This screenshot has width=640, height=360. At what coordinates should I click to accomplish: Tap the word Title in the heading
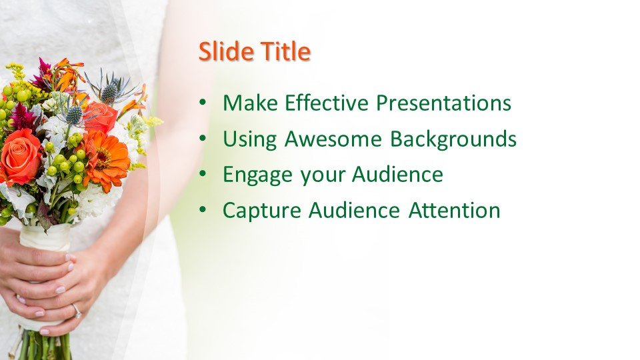[x=286, y=51]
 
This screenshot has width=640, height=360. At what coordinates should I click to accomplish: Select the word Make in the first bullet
[x=250, y=103]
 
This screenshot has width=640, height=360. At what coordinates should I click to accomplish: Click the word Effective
[x=327, y=103]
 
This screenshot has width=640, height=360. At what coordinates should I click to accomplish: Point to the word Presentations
[x=443, y=103]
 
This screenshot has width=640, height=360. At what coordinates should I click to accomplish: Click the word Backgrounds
[x=453, y=139]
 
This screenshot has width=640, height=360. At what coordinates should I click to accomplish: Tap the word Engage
[x=257, y=175]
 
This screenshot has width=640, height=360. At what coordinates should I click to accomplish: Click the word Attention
[x=454, y=211]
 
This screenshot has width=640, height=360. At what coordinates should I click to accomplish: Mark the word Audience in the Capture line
[x=354, y=211]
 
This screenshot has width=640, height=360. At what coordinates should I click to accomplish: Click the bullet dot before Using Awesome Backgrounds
[x=203, y=138]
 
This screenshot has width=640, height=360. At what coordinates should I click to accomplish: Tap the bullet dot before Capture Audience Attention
[x=203, y=210]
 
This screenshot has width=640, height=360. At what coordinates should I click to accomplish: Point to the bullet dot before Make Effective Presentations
[x=203, y=102]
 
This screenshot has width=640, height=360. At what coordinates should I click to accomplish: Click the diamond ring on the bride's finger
[x=76, y=311]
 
